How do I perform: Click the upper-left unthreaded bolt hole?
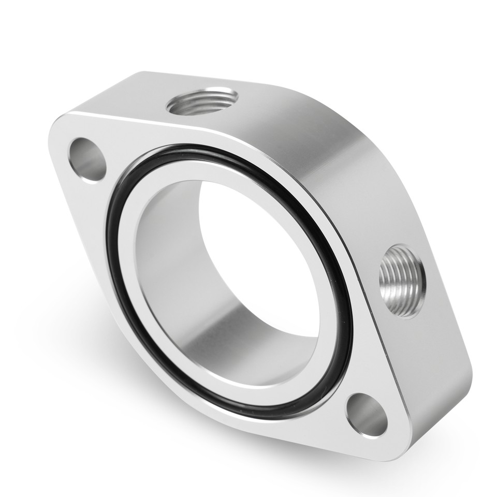pos(87,159)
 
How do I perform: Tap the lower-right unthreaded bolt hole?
pos(367,414)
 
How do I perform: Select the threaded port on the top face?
pos(202,101)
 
